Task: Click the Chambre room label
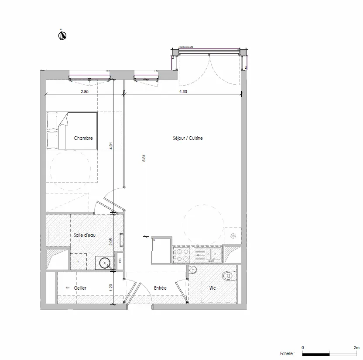[83, 138]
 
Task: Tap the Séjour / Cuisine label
[188, 138]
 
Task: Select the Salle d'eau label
[85, 235]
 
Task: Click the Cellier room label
[80, 288]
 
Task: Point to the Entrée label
[160, 288]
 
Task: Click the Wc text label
[212, 288]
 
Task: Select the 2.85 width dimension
[85, 91]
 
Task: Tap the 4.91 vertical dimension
[112, 145]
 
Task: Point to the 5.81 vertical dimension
[144, 159]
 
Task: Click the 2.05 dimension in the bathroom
[112, 242]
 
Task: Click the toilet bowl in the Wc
[227, 276]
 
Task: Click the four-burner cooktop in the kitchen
[181, 255]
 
